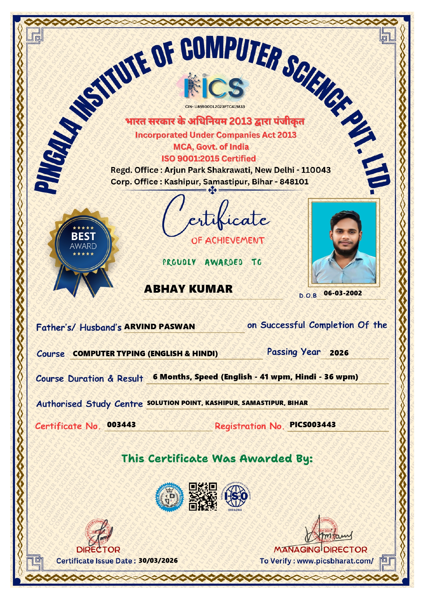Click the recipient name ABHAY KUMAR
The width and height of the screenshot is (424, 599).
[x=188, y=289]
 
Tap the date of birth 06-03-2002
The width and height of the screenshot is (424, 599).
[x=343, y=293]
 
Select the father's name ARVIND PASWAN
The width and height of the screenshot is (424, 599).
[x=159, y=326]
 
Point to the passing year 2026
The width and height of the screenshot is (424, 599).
[x=339, y=353]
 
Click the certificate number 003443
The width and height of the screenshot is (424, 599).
[x=121, y=424]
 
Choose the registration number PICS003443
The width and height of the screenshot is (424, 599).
[x=313, y=424]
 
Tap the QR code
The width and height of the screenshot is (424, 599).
[x=203, y=496]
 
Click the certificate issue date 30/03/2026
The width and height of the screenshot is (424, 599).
[x=158, y=560]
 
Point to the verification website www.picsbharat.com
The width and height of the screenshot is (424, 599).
[x=335, y=561]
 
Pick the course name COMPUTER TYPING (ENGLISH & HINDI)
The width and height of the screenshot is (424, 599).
[x=145, y=353]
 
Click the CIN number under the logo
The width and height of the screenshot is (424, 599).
[x=215, y=107]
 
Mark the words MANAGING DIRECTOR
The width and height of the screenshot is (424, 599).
[x=320, y=550]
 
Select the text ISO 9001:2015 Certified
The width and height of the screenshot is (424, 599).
[x=209, y=158]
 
